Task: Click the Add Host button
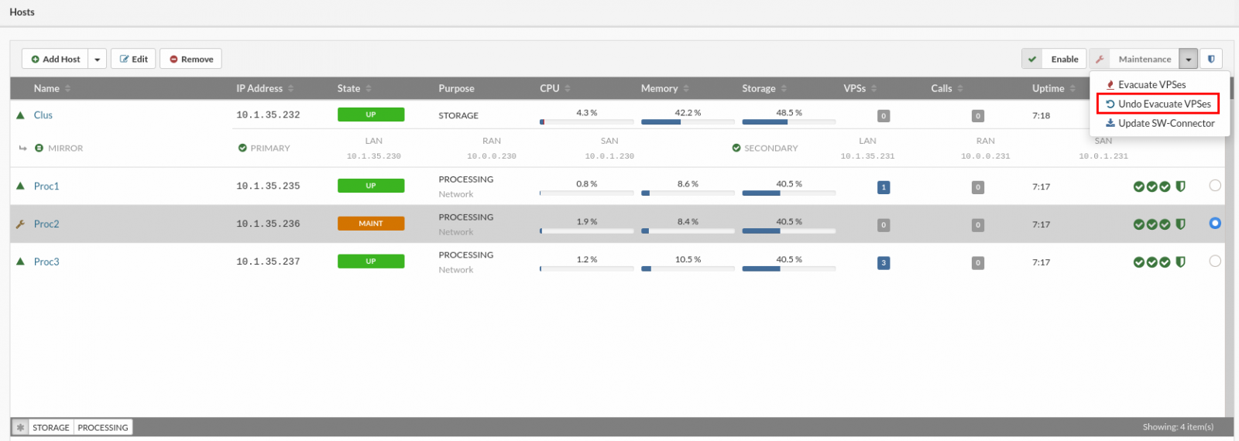56,59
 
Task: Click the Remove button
191,59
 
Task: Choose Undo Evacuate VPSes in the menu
1158,104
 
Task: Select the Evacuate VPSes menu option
1151,84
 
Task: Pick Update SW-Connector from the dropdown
1161,123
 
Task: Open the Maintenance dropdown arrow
1188,59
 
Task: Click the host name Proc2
46,224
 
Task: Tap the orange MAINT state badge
370,224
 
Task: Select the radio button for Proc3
1214,262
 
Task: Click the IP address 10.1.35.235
268,186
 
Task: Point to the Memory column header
659,88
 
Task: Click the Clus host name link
43,115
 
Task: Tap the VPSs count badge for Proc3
883,263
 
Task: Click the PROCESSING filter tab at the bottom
103,427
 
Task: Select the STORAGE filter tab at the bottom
51,427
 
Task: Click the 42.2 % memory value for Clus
688,113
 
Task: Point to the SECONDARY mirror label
770,148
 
